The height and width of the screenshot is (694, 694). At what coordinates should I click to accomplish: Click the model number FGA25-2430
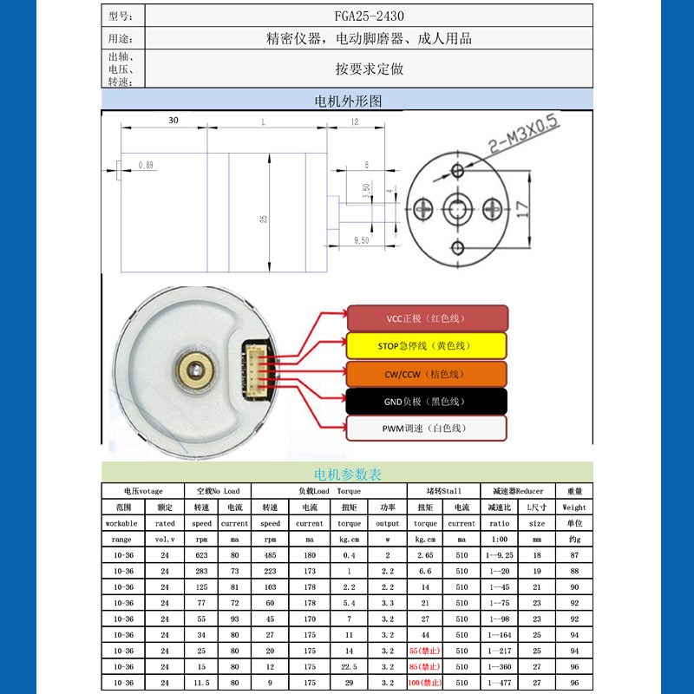369,16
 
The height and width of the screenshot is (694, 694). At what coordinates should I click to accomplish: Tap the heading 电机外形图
347,101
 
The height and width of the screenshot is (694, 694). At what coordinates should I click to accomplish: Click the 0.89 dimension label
146,165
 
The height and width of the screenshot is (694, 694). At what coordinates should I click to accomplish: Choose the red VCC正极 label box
426,318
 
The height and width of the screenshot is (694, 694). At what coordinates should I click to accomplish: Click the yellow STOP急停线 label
426,346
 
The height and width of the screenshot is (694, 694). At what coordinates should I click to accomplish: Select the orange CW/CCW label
426,374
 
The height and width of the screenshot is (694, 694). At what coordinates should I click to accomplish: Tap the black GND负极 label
426,401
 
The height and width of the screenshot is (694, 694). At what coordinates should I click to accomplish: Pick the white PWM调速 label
426,429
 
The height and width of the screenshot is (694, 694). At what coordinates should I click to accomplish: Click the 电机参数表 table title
347,475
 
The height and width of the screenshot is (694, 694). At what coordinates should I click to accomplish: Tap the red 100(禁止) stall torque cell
426,683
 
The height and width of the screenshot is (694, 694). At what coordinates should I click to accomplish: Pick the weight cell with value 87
573,555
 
